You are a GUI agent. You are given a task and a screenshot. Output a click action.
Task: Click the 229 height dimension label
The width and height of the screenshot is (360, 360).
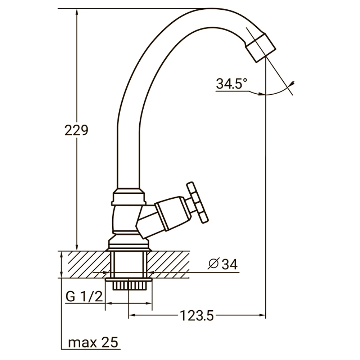76,130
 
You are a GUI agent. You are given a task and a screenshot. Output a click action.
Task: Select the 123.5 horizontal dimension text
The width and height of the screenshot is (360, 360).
197,316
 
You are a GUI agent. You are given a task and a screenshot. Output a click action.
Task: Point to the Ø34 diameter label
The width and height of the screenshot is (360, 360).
223,265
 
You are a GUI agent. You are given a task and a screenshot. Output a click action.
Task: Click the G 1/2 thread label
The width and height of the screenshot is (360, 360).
84,297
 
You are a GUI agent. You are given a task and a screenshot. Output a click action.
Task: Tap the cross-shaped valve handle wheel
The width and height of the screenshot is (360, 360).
197,202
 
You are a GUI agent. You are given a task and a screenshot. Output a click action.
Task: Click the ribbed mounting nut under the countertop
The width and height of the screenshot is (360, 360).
129,285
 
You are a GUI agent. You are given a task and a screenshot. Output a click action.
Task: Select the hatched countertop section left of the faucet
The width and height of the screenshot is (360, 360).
85,265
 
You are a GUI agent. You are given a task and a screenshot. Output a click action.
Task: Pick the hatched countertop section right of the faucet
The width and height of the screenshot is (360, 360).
169,265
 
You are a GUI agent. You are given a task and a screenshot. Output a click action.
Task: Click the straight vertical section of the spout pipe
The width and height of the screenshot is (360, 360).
129,155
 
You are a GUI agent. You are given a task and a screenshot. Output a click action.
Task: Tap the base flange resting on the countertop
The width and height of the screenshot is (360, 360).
129,245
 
